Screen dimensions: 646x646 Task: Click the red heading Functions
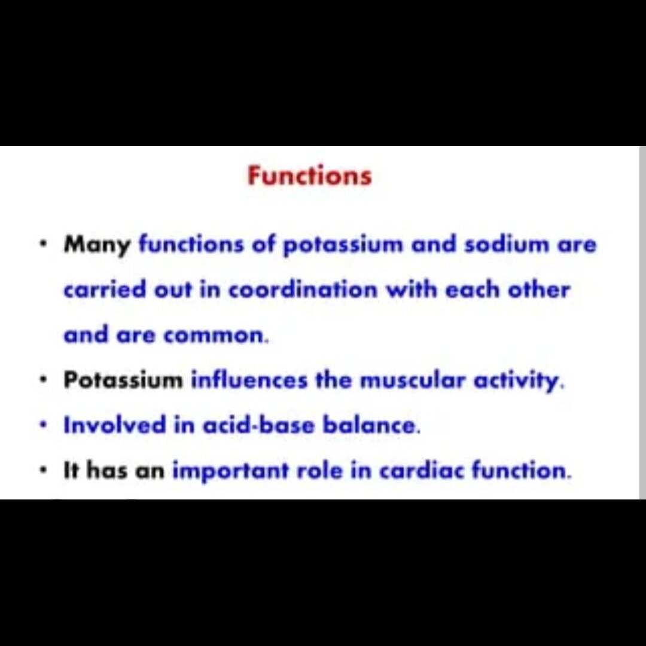coord(309,176)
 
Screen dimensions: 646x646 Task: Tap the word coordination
coord(303,290)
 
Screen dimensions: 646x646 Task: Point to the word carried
coord(105,290)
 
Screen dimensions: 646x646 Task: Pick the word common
coord(215,336)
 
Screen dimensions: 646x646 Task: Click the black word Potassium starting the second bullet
coord(123,380)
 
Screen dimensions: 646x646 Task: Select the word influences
coord(249,380)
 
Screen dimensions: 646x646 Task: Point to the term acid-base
coord(258,425)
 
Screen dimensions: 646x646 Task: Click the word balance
coord(371,425)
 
